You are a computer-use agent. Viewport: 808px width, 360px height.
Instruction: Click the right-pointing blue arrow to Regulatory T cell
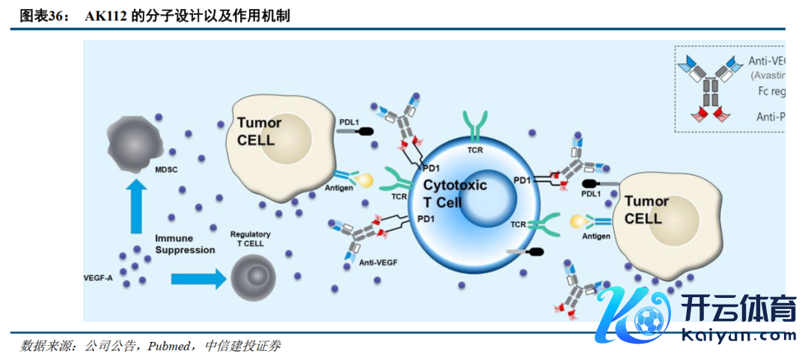click(x=198, y=278)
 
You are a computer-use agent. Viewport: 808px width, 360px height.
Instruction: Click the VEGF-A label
click(x=98, y=278)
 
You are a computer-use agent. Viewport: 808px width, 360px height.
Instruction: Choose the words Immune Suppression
click(x=185, y=244)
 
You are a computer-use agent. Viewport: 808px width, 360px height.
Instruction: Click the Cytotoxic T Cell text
click(x=455, y=193)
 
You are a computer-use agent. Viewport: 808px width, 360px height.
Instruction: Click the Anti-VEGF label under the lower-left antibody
click(x=378, y=262)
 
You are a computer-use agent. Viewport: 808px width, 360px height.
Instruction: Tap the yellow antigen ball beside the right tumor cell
click(x=578, y=222)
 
